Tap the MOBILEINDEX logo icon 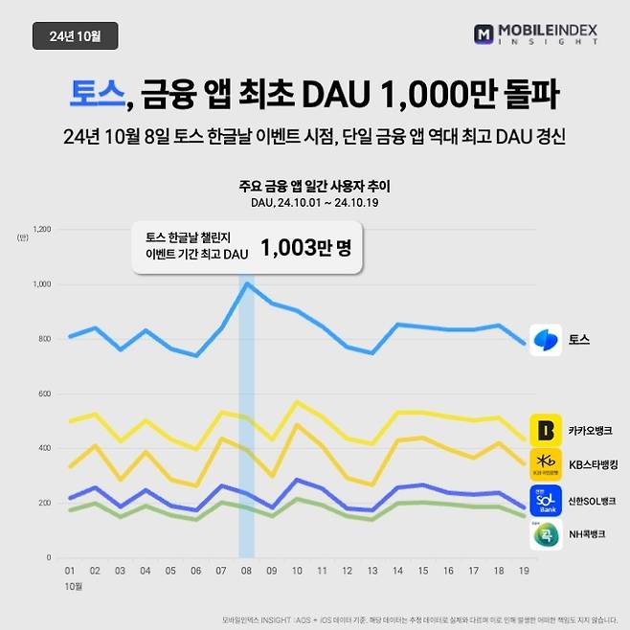pos(484,35)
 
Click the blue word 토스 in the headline pos(97,95)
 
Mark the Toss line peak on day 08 pos(246,283)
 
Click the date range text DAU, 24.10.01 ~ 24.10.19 pos(315,202)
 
